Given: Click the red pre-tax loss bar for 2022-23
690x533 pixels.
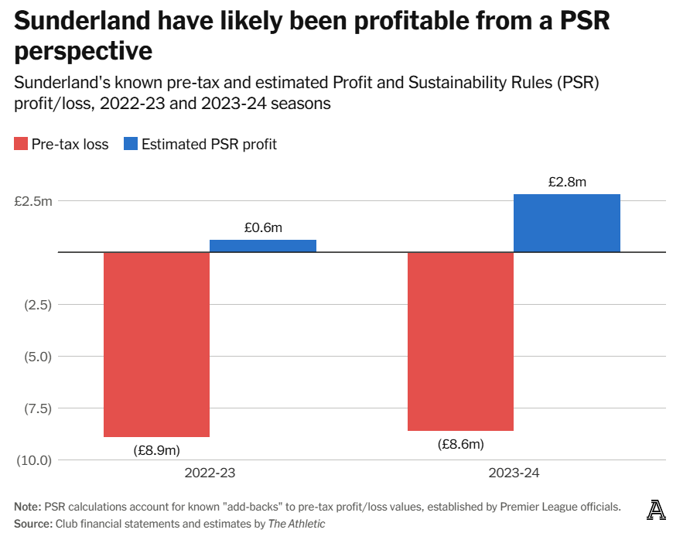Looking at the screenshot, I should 156,344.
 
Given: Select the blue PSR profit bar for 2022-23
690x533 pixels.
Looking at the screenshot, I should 263,246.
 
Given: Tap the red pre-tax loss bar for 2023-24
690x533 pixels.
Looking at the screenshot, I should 460,341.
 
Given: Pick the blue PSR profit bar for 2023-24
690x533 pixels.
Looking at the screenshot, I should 567,223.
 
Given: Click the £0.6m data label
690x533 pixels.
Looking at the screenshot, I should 263,227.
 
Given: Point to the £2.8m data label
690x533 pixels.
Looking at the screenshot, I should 567,183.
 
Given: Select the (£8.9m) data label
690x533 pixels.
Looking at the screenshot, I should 156,449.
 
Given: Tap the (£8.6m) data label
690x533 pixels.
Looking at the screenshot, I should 460,444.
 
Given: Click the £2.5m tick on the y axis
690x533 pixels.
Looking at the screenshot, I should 33,201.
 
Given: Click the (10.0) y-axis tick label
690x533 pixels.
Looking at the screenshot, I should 33,460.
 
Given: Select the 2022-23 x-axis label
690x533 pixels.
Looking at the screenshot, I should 210,473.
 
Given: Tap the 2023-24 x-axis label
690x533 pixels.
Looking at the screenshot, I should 514,473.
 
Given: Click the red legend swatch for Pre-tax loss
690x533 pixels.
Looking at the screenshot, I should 20,144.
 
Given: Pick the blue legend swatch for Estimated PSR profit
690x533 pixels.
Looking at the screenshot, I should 130,144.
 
